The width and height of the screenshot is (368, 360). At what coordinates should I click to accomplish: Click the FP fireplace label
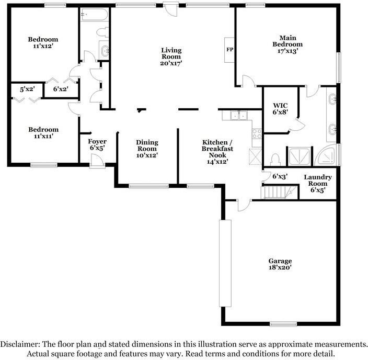[x=229, y=50]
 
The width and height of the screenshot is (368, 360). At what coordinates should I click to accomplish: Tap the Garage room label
[x=280, y=264]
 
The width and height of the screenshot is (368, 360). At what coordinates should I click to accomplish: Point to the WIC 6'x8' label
[x=277, y=108]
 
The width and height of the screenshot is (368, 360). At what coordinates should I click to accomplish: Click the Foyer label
[x=97, y=145]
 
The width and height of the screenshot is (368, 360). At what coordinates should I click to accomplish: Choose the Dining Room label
[x=147, y=149]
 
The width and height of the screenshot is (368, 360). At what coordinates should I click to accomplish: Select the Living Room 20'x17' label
[x=171, y=57]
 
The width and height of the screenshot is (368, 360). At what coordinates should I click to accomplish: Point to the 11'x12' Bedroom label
[x=43, y=43]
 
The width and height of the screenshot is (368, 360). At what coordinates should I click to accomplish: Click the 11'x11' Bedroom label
[x=43, y=133]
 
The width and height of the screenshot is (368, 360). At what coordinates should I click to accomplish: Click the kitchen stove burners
[x=257, y=133]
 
